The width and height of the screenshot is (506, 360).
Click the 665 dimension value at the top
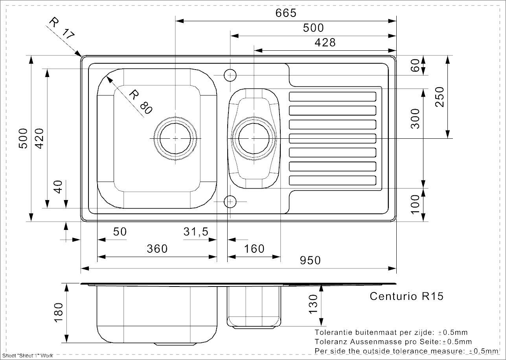click(285, 13)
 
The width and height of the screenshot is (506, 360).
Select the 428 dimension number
click(326, 42)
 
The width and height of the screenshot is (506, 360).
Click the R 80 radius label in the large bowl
click(140, 102)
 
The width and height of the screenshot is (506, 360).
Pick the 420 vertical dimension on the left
click(40, 138)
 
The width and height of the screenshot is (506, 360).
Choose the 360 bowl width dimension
click(157, 249)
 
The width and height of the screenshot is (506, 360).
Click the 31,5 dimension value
click(196, 232)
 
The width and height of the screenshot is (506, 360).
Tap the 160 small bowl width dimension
click(254, 249)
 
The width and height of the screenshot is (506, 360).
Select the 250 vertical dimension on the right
click(439, 97)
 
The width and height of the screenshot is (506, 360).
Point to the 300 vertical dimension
click(415, 118)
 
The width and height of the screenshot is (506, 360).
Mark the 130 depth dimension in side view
click(313, 304)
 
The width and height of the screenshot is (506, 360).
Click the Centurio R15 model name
click(407, 296)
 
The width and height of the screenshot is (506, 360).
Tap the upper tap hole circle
click(230, 75)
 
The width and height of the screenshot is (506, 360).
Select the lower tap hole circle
click(230, 202)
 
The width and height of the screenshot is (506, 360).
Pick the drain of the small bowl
click(254, 139)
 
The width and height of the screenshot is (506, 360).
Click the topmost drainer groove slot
click(333, 96)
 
